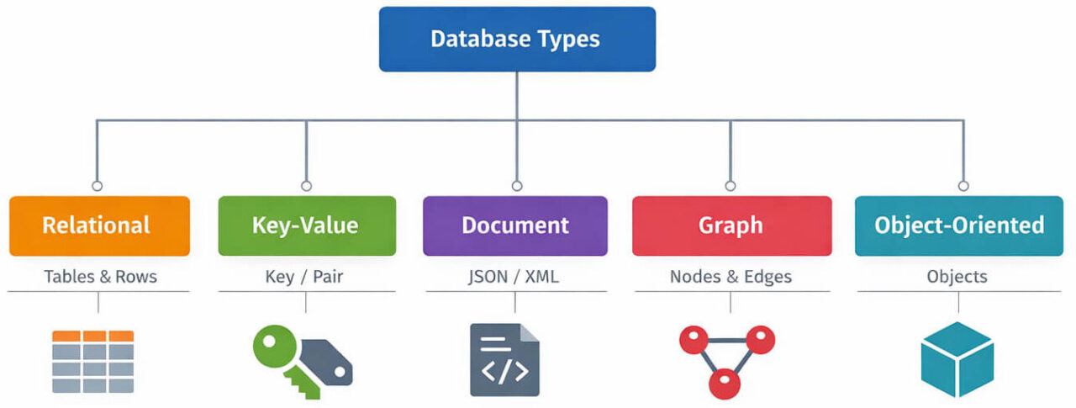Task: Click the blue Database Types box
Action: pyautogui.click(x=516, y=40)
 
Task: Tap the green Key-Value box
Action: pyautogui.click(x=306, y=225)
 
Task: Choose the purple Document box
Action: pyautogui.click(x=514, y=225)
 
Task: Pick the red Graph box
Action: pyautogui.click(x=731, y=225)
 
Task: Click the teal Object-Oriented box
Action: pyautogui.click(x=959, y=225)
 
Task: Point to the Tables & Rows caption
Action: pyautogui.click(x=100, y=276)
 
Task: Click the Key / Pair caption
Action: pyautogui.click(x=304, y=276)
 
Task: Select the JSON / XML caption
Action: pyautogui.click(x=514, y=276)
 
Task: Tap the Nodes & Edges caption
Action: pyautogui.click(x=731, y=276)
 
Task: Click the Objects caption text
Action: pyautogui.click(x=957, y=276)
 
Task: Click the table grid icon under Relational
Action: pyautogui.click(x=92, y=361)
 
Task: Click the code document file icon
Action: pyautogui.click(x=504, y=359)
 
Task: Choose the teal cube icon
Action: pyautogui.click(x=957, y=359)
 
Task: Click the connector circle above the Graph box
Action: pyautogui.click(x=730, y=185)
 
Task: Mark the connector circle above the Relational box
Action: pyautogui.click(x=97, y=185)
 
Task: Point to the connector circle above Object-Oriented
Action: pyautogui.click(x=963, y=185)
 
